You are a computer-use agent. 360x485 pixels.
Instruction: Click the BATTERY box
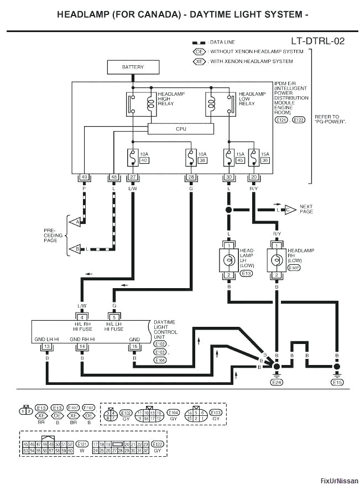click(133, 67)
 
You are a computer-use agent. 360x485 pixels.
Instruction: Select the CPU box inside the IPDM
click(180, 129)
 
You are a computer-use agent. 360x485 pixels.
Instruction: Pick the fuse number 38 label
click(202, 160)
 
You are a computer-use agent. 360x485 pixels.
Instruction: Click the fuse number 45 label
click(239, 160)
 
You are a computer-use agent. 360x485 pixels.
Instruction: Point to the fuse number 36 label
click(265, 160)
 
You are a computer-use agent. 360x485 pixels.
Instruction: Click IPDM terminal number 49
click(85, 177)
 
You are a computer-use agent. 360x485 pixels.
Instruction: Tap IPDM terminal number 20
click(254, 177)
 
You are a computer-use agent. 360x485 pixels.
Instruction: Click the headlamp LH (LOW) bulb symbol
click(228, 260)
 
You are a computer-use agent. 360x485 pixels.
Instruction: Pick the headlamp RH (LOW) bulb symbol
click(276, 260)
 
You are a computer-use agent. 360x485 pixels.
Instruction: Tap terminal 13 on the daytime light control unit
click(47, 346)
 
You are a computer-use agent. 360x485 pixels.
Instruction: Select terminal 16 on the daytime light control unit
click(134, 346)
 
